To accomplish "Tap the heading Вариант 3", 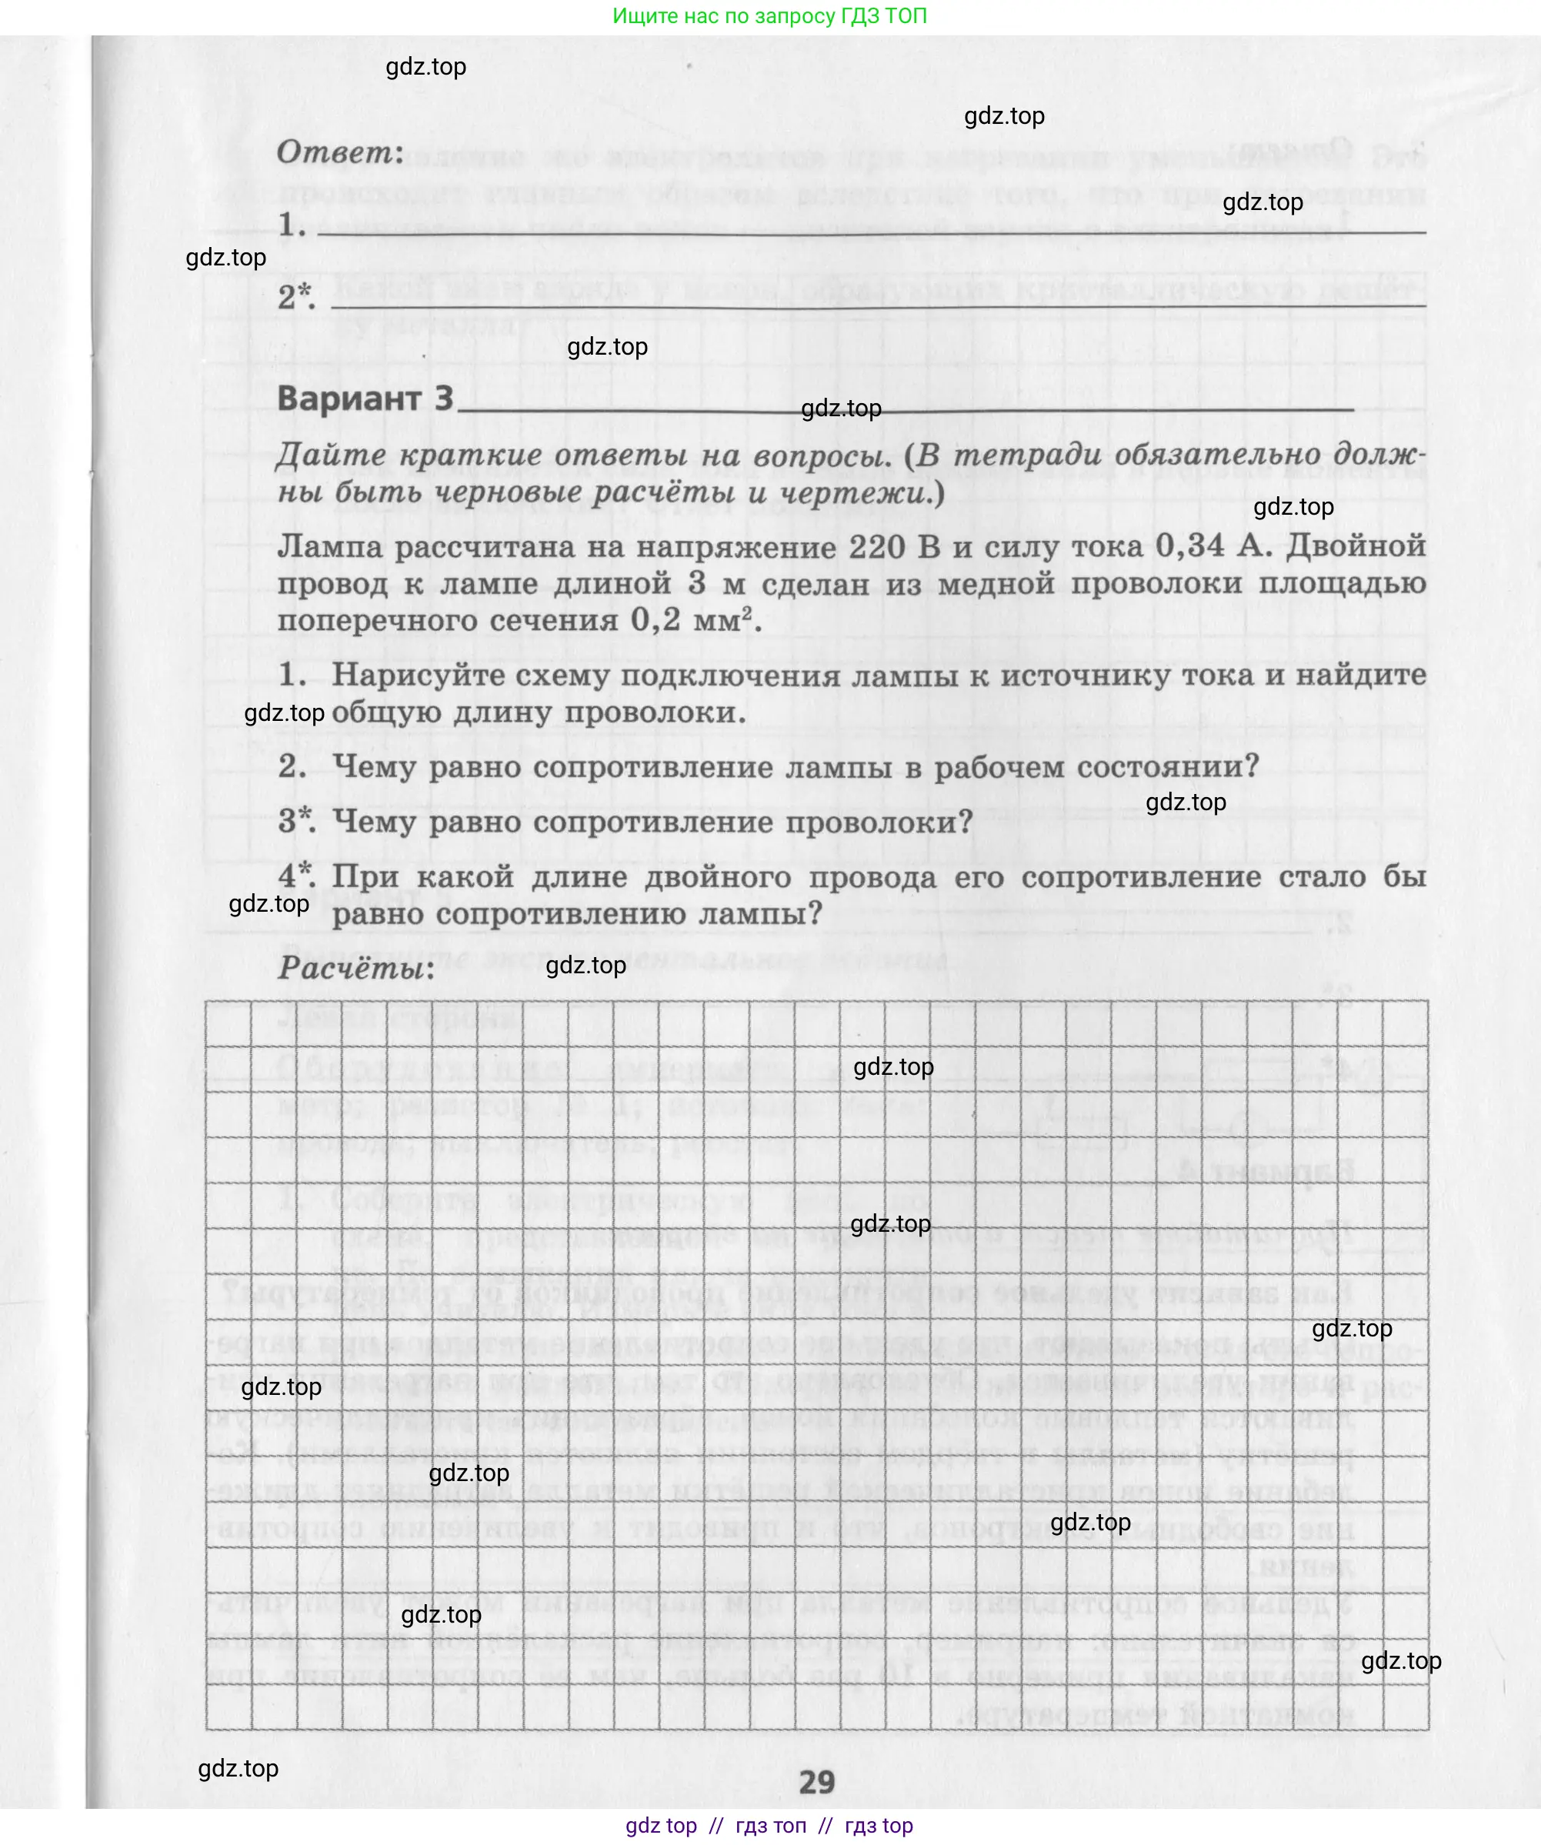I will (x=365, y=398).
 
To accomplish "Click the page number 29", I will (x=816, y=1782).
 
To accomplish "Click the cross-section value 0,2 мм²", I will (x=693, y=620).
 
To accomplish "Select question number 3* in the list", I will (x=296, y=822).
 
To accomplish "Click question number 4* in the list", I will (x=296, y=876).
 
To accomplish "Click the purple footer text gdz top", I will (x=661, y=1826).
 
